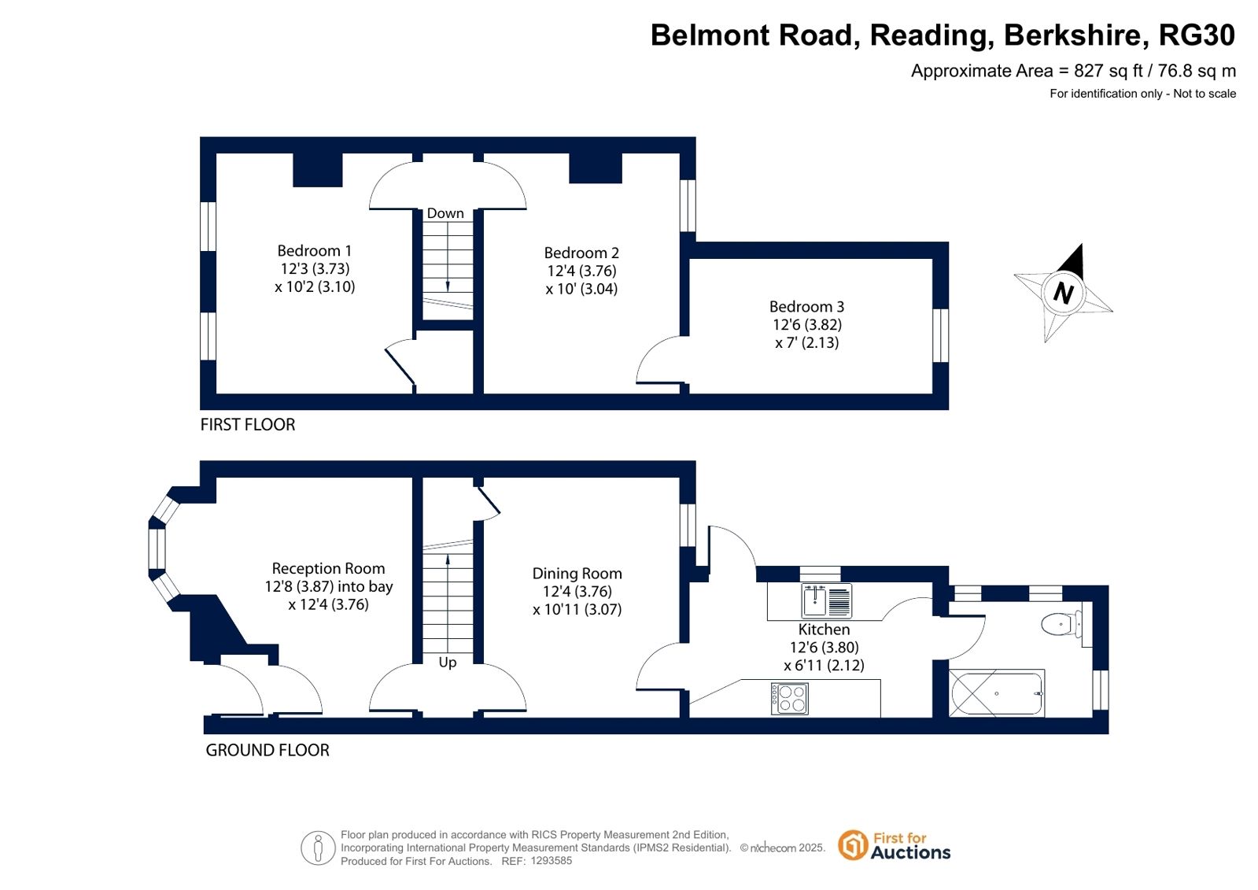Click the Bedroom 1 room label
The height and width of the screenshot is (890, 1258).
(315, 250)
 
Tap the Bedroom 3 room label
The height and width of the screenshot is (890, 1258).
(806, 307)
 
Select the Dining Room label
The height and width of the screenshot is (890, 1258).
(577, 574)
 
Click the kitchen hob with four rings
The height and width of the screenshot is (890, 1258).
(790, 699)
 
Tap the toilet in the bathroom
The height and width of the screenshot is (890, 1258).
(1061, 624)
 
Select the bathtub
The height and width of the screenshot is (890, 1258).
(996, 693)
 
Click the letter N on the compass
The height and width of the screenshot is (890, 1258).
(1063, 293)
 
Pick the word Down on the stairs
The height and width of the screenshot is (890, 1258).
(445, 213)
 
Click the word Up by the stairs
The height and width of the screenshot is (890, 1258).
(448, 663)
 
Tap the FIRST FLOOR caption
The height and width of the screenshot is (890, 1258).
(248, 425)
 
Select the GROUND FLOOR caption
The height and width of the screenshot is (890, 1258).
(267, 750)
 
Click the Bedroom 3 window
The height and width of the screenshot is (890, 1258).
(941, 335)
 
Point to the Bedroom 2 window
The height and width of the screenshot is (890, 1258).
(688, 205)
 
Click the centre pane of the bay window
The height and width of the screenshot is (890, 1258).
(157, 548)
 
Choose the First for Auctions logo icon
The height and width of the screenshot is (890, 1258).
(853, 845)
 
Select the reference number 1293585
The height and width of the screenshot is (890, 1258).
(551, 861)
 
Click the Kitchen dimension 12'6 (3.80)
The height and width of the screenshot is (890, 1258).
(824, 648)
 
